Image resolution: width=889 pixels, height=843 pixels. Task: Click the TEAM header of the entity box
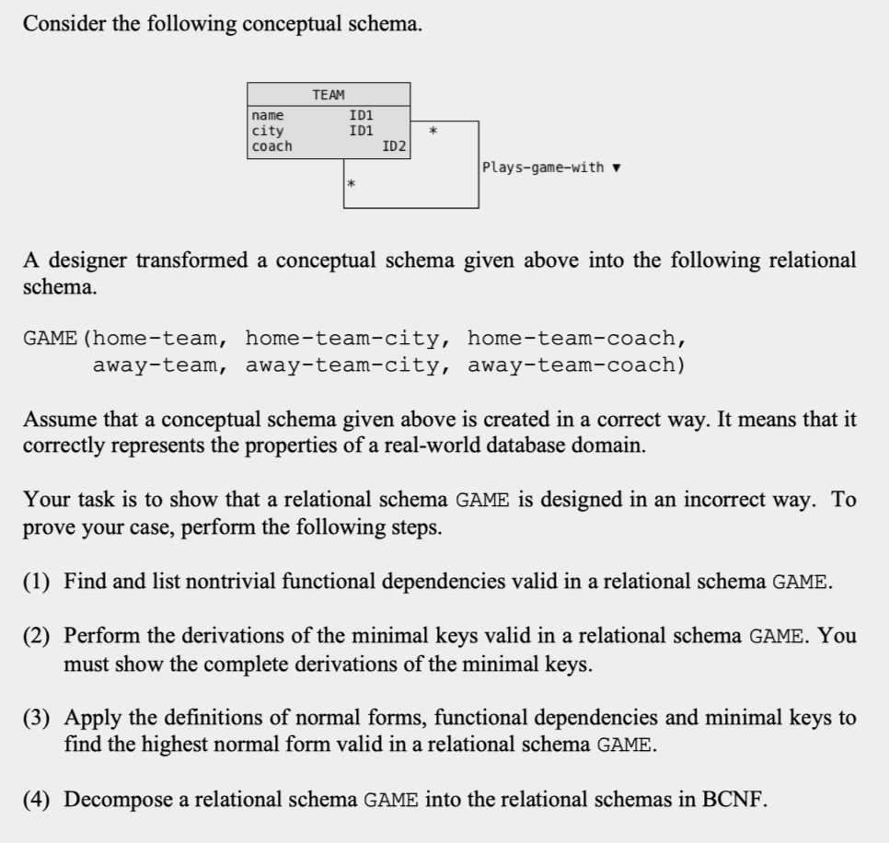click(329, 95)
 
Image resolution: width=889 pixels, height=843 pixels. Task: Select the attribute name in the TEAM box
click(268, 116)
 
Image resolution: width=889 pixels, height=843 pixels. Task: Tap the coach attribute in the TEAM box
click(271, 146)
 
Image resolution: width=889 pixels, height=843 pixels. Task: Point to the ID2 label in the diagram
click(395, 146)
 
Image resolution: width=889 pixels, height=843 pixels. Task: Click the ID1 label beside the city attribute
click(361, 131)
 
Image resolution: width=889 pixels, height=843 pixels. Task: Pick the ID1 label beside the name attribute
click(361, 116)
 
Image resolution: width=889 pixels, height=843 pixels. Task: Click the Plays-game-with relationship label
click(543, 167)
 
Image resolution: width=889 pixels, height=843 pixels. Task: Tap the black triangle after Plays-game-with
click(616, 168)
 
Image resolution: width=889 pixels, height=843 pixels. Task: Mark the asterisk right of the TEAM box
click(433, 134)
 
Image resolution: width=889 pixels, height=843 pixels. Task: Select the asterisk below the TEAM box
click(351, 187)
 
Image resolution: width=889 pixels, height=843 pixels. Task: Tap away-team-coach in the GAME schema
click(575, 365)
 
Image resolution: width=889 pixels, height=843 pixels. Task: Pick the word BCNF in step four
click(734, 799)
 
